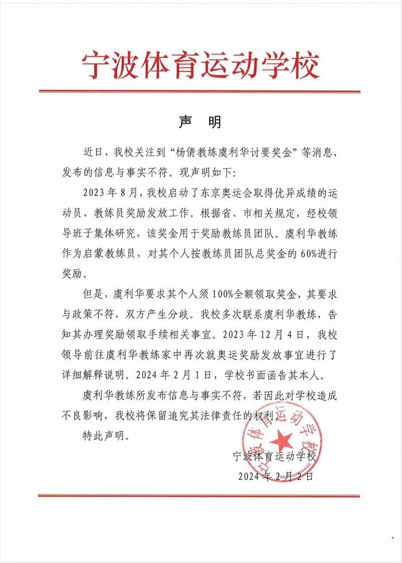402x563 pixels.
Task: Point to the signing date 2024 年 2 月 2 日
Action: tap(275, 476)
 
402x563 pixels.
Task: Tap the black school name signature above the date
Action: tap(275, 456)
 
